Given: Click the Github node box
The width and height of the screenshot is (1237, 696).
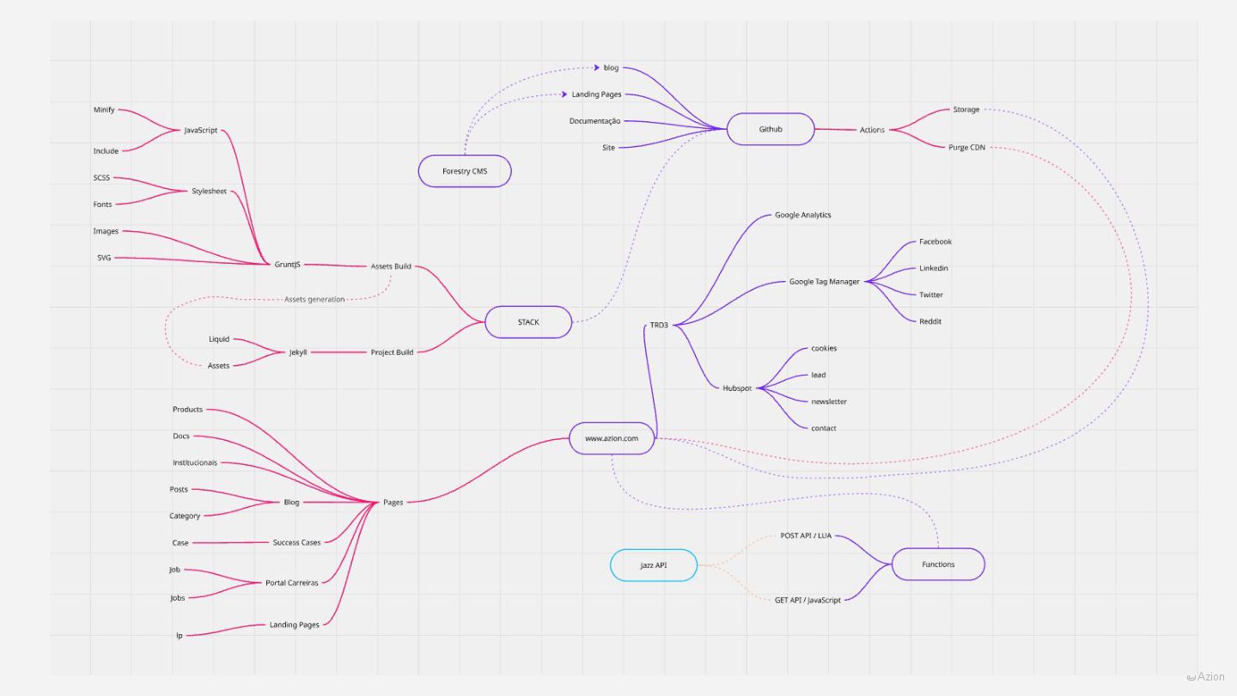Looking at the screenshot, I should tap(770, 130).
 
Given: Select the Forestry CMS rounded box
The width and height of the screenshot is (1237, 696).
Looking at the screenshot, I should tap(465, 171).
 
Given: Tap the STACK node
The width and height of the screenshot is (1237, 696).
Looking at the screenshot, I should tap(528, 322).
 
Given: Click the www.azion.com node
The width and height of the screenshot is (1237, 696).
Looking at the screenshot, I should tap(612, 438).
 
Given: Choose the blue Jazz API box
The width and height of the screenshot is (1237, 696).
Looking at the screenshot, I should tap(654, 565).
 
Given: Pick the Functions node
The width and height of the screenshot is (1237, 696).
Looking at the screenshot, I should tap(938, 565).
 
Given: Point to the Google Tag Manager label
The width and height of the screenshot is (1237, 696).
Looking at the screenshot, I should tap(825, 282).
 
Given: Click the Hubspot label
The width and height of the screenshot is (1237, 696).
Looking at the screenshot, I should tap(737, 388).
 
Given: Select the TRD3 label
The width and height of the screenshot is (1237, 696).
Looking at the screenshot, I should tap(659, 325).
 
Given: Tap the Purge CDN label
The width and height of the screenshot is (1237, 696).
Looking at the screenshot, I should tap(966, 148).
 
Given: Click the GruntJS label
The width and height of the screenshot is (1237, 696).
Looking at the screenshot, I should tap(287, 265).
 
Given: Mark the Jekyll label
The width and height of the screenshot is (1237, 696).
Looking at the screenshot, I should tap(298, 352).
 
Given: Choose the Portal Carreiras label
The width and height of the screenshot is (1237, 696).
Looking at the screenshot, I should tap(292, 583).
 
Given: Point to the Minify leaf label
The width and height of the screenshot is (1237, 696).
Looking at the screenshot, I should tap(104, 110).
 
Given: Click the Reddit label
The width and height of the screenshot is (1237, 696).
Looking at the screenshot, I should tap(930, 321).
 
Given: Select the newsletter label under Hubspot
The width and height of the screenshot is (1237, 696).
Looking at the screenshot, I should tap(829, 401).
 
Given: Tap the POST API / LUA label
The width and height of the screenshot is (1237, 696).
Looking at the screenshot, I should tap(806, 535).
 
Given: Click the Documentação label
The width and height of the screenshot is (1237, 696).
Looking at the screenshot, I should tap(594, 121).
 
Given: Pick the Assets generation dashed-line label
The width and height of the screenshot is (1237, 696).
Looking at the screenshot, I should tap(314, 300).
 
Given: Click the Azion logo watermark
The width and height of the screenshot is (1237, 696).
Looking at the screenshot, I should tap(1206, 677).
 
